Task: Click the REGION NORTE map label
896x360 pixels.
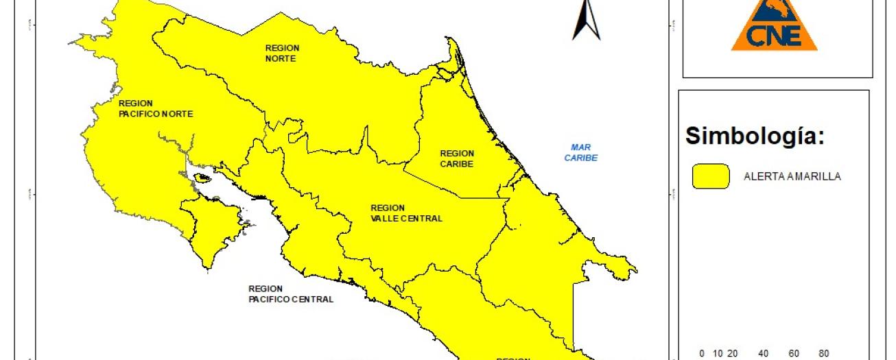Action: click(282, 53)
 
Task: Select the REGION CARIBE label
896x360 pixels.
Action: click(457, 158)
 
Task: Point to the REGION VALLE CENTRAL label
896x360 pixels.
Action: click(406, 213)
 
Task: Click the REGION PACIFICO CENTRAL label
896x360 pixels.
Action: click(291, 294)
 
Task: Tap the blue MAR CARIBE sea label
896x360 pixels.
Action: click(581, 152)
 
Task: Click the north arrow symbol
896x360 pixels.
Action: click(586, 20)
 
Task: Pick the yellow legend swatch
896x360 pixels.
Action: click(711, 176)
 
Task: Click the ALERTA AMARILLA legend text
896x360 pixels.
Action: click(792, 176)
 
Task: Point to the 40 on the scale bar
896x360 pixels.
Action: click(763, 354)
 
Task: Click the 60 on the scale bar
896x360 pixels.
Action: click(794, 354)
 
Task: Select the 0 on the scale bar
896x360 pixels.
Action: click(702, 354)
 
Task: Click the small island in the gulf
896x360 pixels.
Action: click(202, 178)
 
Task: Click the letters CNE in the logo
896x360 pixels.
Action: click(775, 36)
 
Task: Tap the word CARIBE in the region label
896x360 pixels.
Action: click(457, 164)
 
